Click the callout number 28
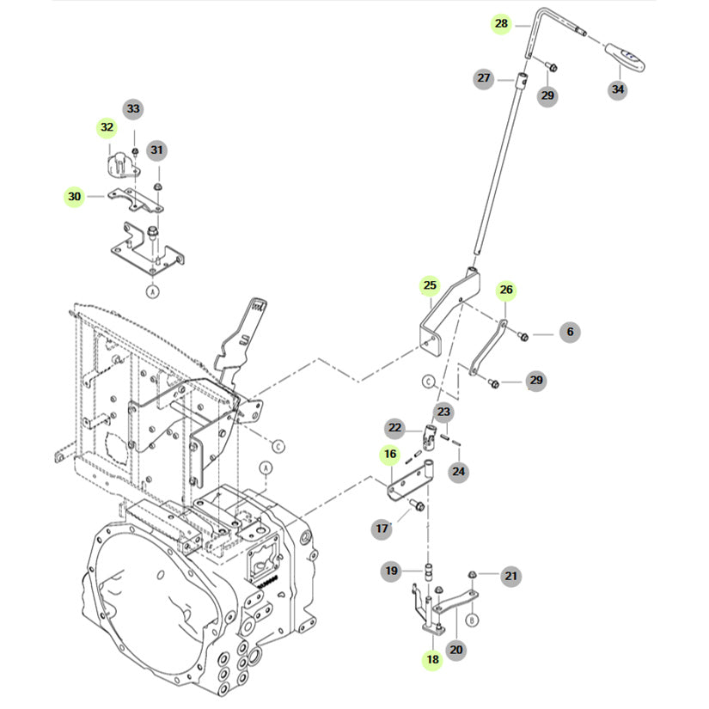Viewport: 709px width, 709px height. click(501, 23)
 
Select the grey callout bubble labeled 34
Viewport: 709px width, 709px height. click(618, 89)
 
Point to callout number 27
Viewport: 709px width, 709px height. click(483, 78)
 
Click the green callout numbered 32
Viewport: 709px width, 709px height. click(107, 127)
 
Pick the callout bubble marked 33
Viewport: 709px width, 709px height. click(133, 108)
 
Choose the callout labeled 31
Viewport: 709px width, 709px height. click(156, 150)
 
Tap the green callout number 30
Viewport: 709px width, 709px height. click(75, 197)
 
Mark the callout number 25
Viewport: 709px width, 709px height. click(430, 285)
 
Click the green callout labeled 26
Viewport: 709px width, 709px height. click(506, 290)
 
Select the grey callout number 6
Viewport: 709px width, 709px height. click(570, 332)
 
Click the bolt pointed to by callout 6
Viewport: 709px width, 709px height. click(523, 336)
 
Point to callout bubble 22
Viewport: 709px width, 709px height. click(394, 428)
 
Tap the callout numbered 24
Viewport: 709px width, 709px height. click(459, 472)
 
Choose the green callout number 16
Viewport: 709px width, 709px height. click(390, 454)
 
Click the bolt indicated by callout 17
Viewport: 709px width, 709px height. click(418, 505)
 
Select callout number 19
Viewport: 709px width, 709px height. click(391, 571)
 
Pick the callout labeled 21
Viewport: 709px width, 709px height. click(511, 576)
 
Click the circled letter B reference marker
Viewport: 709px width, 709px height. click(472, 620)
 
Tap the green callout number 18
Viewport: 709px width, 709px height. click(433, 660)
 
